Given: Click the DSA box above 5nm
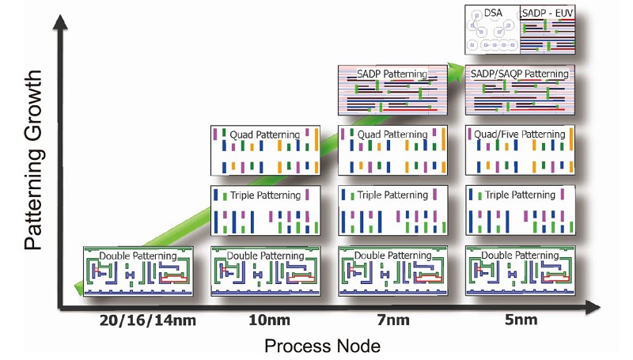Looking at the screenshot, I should click(x=491, y=31).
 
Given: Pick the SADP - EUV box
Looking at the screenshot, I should click(x=546, y=31).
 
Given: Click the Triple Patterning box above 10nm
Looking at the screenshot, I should click(x=263, y=210).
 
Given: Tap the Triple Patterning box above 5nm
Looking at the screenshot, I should click(x=519, y=210).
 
